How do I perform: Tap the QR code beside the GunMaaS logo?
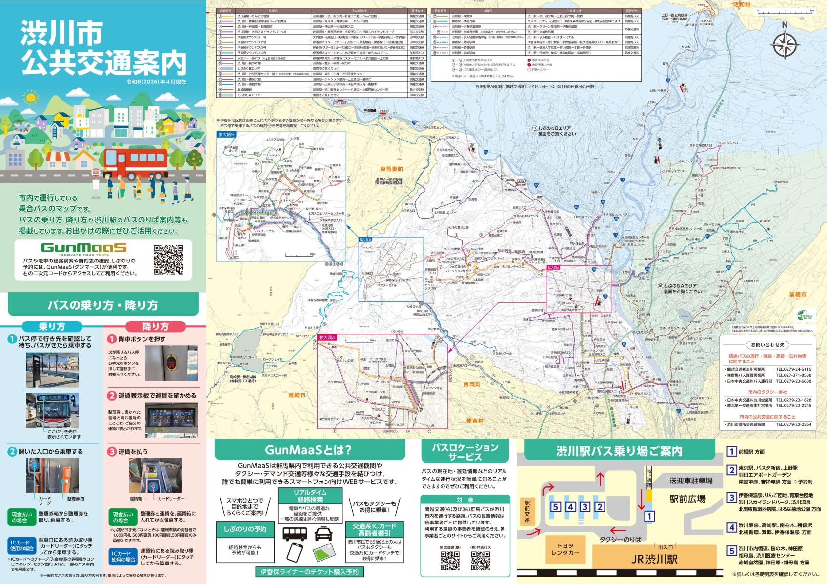point(168,260)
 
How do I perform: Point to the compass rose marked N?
point(785,44)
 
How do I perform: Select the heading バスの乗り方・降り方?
point(103,305)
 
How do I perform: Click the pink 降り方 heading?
point(155,326)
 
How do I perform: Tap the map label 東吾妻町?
point(392,169)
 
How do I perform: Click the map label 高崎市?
point(297,395)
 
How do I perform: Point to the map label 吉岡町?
point(473,385)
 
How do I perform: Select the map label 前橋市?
point(798,295)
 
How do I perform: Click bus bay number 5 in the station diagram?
point(555,507)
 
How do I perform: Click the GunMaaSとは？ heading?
point(308,450)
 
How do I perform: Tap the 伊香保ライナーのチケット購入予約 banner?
point(309,572)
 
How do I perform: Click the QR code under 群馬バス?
point(480,561)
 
